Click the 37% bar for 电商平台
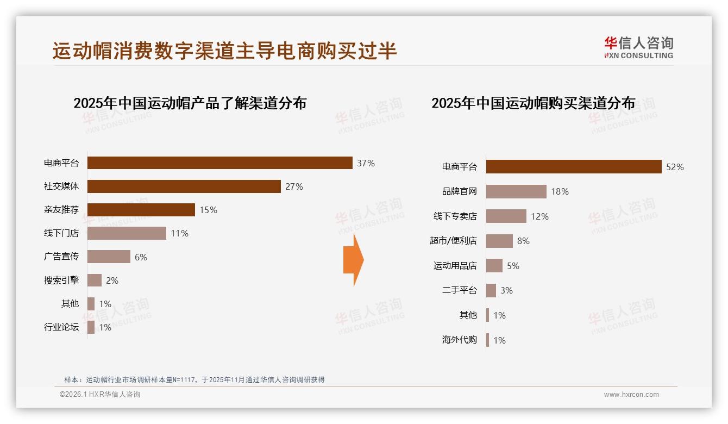(x=219, y=163)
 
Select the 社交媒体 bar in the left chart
(x=184, y=186)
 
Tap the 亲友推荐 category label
(x=61, y=210)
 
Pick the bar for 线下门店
(x=127, y=233)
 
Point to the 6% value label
(x=141, y=257)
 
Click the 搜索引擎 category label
(x=61, y=280)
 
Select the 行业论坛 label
(x=61, y=327)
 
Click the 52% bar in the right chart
(x=573, y=167)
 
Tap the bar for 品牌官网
(x=516, y=191)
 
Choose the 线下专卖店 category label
(x=455, y=216)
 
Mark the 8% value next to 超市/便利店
(x=523, y=241)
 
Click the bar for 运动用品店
(x=494, y=266)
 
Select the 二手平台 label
(x=459, y=290)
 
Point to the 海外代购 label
(x=459, y=340)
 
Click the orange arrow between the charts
(x=353, y=260)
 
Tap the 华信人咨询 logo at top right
(x=638, y=47)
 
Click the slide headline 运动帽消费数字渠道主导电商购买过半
(x=224, y=51)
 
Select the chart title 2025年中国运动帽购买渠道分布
(x=533, y=103)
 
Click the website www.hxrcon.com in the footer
(x=631, y=395)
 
